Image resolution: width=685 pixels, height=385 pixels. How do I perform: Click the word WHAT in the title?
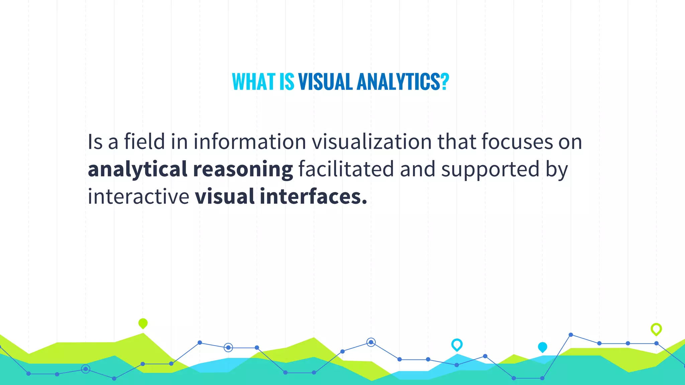(254, 82)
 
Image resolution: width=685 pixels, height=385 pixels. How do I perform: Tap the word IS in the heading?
(287, 82)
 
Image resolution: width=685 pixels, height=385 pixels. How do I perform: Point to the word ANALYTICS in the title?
(398, 82)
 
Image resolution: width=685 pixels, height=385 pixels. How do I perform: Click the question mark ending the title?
(445, 82)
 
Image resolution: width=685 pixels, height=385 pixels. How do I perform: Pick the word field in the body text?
(144, 141)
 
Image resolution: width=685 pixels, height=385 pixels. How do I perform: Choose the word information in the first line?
(250, 141)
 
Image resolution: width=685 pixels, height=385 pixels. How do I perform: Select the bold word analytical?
(137, 169)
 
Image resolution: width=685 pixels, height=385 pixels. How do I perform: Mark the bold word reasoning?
(243, 169)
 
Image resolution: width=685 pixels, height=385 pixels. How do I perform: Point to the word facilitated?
(346, 169)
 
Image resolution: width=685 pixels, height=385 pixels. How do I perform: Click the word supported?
(490, 169)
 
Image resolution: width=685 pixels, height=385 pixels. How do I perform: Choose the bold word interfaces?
(313, 196)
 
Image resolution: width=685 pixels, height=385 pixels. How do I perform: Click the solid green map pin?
(143, 323)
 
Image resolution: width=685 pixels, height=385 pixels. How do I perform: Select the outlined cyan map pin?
(457, 345)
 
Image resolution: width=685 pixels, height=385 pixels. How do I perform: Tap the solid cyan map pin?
(542, 347)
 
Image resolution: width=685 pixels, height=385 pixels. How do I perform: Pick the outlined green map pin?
(656, 329)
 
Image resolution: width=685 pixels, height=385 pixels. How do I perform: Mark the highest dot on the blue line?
(571, 335)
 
